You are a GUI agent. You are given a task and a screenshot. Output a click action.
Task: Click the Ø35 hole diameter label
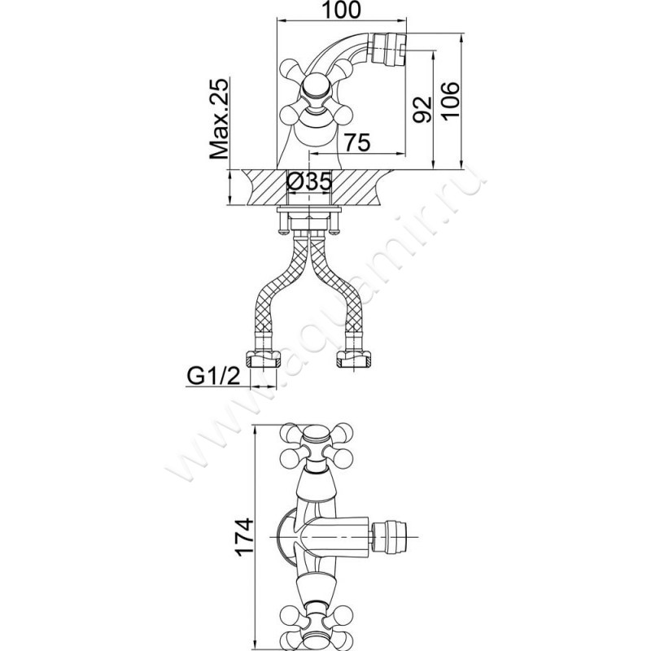[x=309, y=181]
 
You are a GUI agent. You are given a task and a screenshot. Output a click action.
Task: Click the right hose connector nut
[x=353, y=357]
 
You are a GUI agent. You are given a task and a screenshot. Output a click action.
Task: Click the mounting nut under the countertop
[x=309, y=217]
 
